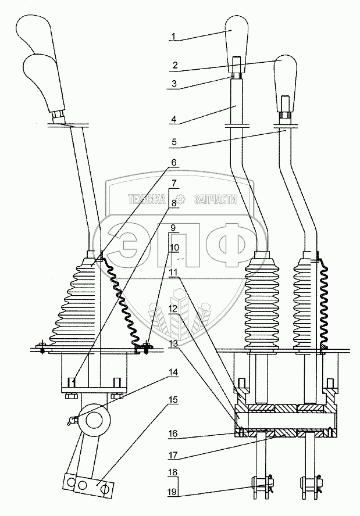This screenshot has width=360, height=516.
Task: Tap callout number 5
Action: (x=174, y=142)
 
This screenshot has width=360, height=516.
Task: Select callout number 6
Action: (x=173, y=163)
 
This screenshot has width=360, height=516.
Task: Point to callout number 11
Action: (x=173, y=273)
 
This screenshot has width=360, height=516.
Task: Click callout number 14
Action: (x=173, y=372)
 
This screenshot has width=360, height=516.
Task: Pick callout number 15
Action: (x=173, y=400)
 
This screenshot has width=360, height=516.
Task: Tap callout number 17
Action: (x=173, y=456)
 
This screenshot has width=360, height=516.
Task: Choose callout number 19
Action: (x=173, y=492)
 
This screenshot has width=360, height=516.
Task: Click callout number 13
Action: (x=173, y=343)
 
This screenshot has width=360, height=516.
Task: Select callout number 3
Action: (x=174, y=84)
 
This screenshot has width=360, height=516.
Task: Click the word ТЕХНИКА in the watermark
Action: (x=147, y=199)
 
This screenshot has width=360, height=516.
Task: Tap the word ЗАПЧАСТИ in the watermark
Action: (x=216, y=199)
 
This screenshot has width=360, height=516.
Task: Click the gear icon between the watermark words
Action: (x=180, y=199)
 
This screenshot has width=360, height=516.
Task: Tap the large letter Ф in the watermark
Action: (x=228, y=242)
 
